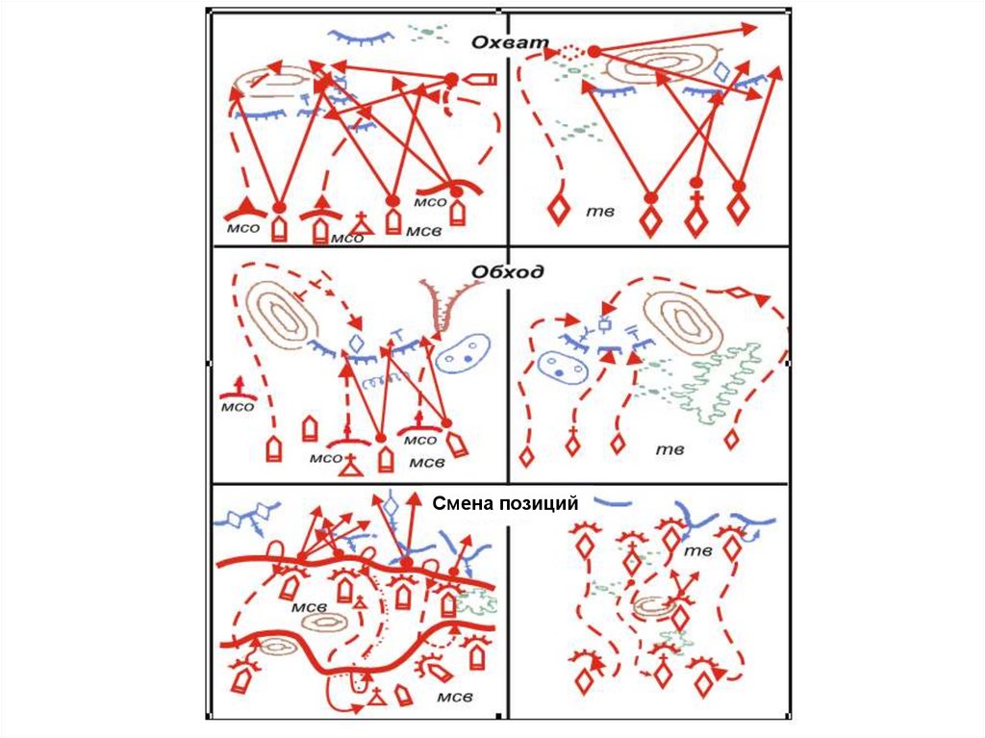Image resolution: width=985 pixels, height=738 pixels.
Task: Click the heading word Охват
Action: [x=509, y=42]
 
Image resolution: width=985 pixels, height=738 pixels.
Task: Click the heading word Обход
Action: [x=508, y=272]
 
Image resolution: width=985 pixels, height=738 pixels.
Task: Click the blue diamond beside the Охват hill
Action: [x=720, y=71]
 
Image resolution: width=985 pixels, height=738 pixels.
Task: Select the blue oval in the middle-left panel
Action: [x=464, y=354]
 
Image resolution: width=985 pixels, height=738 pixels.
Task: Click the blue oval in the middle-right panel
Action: [x=559, y=366]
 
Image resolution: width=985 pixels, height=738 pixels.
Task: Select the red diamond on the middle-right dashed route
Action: [x=739, y=293]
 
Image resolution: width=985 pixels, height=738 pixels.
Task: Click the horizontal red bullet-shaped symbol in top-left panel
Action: [x=478, y=80]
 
